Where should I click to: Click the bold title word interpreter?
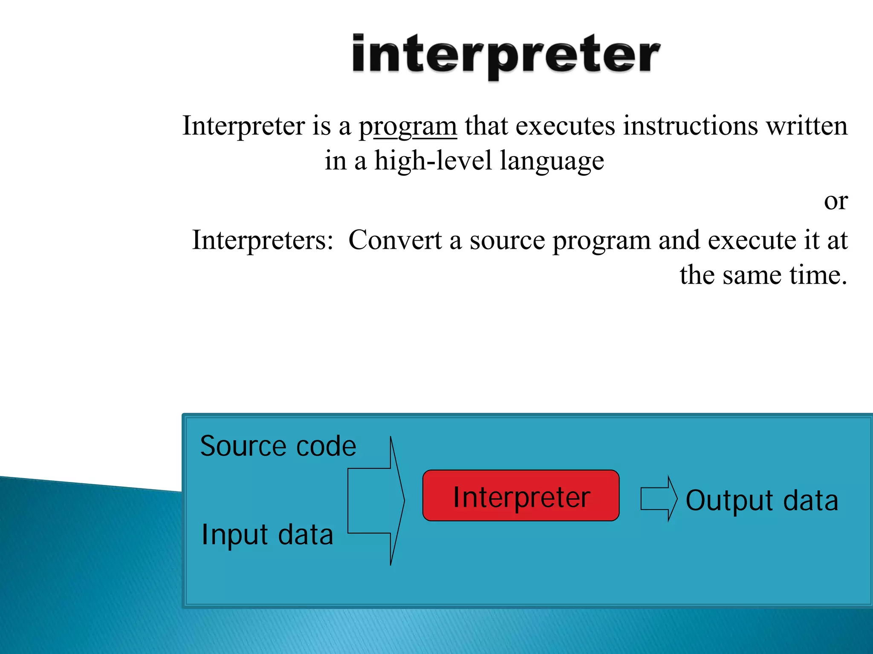click(506, 55)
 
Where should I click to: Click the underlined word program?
click(408, 126)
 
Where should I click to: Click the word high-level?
click(433, 161)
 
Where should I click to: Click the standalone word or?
click(835, 201)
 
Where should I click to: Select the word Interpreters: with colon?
click(263, 240)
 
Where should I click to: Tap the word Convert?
click(395, 240)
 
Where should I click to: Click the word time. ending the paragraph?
click(818, 275)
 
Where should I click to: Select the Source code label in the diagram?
click(278, 446)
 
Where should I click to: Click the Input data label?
click(267, 535)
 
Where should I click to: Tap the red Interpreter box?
click(521, 496)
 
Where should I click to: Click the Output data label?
click(762, 501)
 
